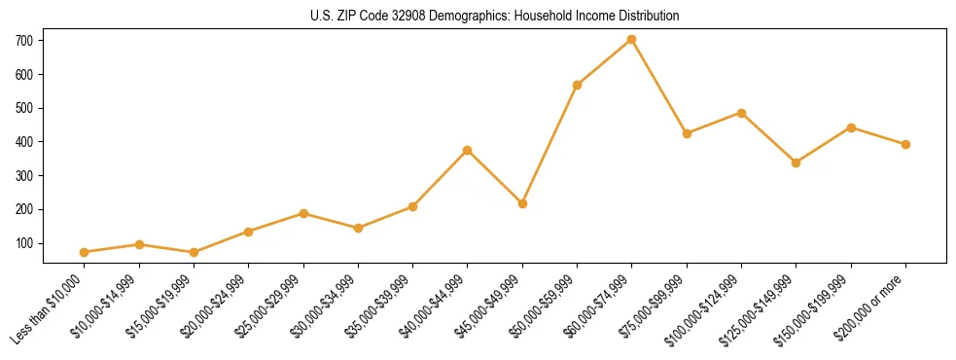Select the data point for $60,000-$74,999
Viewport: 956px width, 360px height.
click(x=631, y=39)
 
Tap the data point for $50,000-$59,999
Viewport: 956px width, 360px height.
click(x=577, y=85)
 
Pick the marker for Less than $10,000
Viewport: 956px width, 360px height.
click(x=85, y=252)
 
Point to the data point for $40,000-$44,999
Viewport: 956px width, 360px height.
click(x=468, y=150)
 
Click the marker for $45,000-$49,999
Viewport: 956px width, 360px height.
click(x=522, y=203)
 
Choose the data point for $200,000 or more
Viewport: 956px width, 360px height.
click(x=905, y=144)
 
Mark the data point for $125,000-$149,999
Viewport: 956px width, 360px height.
click(x=796, y=162)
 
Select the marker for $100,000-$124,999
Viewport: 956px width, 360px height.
click(x=741, y=113)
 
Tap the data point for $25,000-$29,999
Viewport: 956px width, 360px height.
click(x=303, y=213)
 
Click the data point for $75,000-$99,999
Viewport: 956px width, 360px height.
click(x=687, y=133)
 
